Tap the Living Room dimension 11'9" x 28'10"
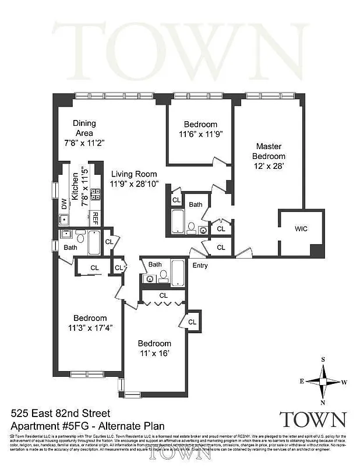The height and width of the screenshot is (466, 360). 133,184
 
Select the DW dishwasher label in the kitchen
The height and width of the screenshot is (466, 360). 64,204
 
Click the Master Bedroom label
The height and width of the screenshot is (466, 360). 269,151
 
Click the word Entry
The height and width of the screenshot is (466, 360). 200,266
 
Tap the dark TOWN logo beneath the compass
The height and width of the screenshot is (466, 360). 313,419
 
